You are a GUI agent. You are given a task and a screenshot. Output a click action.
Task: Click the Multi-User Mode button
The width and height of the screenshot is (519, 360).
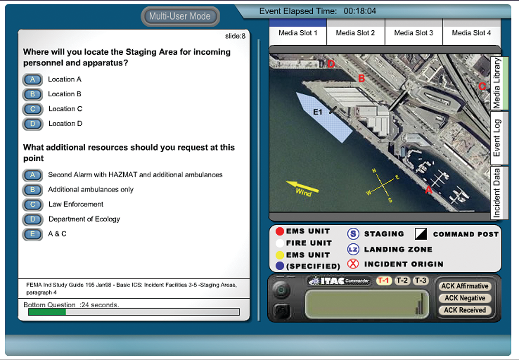point(180,17)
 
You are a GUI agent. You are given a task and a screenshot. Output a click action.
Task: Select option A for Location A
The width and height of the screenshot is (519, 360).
point(32,80)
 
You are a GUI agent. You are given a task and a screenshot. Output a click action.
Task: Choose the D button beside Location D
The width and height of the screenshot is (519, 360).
point(32,124)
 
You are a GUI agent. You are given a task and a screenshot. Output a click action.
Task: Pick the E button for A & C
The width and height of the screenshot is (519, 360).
point(32,234)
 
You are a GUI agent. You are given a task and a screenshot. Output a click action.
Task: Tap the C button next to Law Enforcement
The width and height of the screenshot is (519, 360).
point(32,204)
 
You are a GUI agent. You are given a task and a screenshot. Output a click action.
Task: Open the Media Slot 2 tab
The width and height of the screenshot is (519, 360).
point(355,33)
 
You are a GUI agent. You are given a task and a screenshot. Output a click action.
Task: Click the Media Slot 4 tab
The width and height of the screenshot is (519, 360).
point(471,33)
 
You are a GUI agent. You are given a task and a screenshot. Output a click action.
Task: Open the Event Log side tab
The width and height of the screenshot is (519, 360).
point(497,138)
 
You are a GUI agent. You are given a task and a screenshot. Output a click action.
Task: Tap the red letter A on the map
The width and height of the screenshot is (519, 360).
point(429,189)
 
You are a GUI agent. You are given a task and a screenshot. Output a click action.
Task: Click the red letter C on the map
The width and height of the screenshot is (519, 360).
point(482,86)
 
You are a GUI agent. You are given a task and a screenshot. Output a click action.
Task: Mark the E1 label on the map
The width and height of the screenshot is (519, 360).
point(318,112)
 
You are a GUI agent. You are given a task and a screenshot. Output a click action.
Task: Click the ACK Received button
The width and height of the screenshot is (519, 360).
point(465,310)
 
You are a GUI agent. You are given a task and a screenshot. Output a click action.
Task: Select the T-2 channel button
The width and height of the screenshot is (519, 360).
point(402,281)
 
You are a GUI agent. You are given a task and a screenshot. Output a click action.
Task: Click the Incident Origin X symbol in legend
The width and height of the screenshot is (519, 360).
point(353,264)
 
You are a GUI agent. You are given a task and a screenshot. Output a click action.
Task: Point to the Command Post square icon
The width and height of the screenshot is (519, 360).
point(421,234)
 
